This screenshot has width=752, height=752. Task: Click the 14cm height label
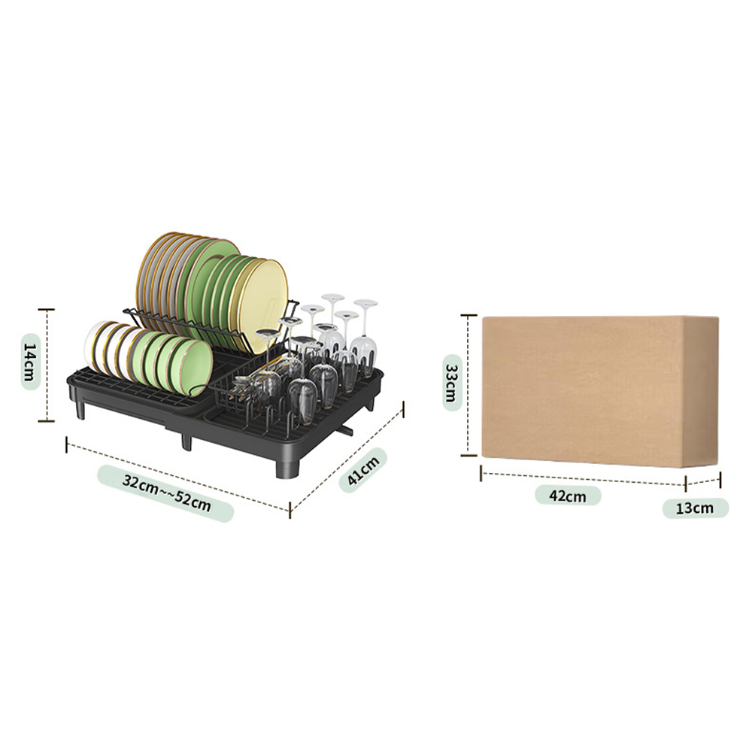pyautogui.click(x=31, y=361)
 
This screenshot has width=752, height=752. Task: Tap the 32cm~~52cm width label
pyautogui.click(x=166, y=493)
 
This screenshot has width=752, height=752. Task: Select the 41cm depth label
pyautogui.click(x=363, y=470)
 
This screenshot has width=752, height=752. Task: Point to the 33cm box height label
pyautogui.click(x=452, y=383)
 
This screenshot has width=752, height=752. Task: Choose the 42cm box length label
pyautogui.click(x=568, y=496)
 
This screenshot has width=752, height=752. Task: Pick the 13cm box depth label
pyautogui.click(x=696, y=508)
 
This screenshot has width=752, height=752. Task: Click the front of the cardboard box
pyautogui.click(x=582, y=390)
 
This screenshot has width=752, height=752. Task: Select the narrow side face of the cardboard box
pyautogui.click(x=701, y=391)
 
